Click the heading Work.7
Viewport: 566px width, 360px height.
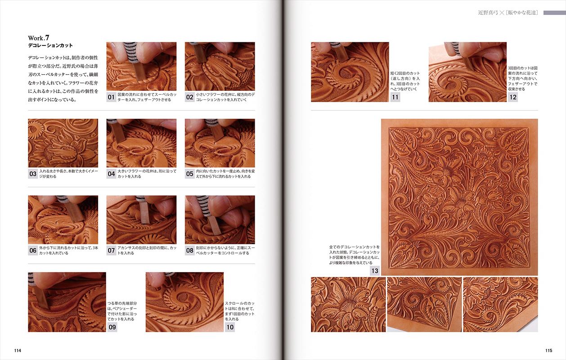coord(39,38)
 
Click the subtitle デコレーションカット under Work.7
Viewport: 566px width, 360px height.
coord(50,45)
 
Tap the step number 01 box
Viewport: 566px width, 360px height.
coord(111,97)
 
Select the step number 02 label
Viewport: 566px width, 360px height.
coord(189,97)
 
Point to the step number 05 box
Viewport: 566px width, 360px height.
coord(189,174)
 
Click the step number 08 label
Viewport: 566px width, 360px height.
coord(189,250)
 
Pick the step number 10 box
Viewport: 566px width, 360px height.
coord(230,327)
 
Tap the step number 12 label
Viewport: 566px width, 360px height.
coord(513,97)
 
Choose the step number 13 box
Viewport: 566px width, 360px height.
coord(375,271)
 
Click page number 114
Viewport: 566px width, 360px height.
coord(18,351)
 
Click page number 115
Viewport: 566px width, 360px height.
coord(548,351)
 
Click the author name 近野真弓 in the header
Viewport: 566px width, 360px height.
coord(488,13)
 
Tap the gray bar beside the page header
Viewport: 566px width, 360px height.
coord(554,13)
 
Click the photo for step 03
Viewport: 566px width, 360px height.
coord(63,143)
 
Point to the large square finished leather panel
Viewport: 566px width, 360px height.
coord(459,197)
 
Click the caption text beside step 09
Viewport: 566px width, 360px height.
coord(122,311)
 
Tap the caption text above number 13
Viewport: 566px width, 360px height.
coord(355,255)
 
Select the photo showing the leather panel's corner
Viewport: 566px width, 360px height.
coord(424,304)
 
